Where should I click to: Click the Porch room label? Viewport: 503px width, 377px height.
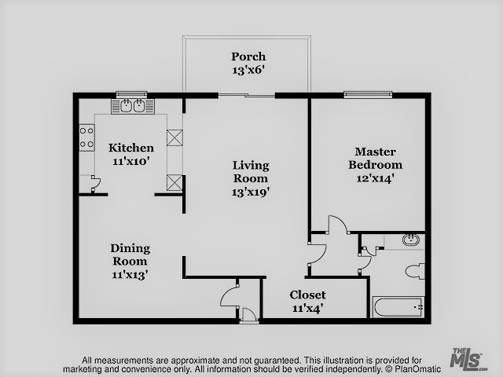point(248,57)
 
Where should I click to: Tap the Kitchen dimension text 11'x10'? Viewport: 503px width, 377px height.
point(131,161)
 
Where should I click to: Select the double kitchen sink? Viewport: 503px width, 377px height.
point(133,106)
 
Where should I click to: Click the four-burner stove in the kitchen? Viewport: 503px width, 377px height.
point(87,137)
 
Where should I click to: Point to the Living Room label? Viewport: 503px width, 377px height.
point(251,172)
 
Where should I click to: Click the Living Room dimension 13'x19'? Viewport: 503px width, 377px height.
point(251,192)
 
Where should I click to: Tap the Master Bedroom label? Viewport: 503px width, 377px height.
point(375,158)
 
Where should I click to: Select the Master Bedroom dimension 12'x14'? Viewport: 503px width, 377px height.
point(375,178)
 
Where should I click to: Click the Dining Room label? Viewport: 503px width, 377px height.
point(130,254)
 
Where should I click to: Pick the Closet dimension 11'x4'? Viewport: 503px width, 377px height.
point(307,308)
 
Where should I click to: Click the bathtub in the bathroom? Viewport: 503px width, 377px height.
point(398,307)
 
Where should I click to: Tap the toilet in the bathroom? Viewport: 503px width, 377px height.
point(415,272)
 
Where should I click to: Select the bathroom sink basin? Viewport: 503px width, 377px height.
point(411,240)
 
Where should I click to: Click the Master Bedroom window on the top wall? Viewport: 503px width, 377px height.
point(368,94)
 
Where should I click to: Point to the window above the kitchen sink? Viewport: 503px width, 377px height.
point(131,95)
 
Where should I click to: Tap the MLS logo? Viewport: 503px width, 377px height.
point(468,358)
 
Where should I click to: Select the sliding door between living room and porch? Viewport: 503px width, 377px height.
point(247,95)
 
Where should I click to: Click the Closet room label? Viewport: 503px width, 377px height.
point(307,295)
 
